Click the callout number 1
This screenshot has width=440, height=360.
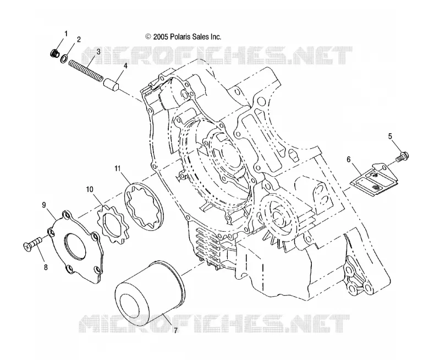coord(66,34)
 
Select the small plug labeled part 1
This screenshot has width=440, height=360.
coord(54,52)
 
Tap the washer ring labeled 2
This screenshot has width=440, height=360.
coord(64,59)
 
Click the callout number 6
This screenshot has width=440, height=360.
coord(349,160)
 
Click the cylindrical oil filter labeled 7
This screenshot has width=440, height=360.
coord(150,292)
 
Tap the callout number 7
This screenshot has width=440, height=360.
coord(175,330)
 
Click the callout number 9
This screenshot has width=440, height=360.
coord(44,205)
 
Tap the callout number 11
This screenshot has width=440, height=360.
coord(117,168)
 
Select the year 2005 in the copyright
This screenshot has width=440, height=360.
coord(161,36)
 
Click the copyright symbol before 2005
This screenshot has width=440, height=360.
coord(148,36)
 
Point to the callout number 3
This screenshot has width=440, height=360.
coord(98,52)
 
